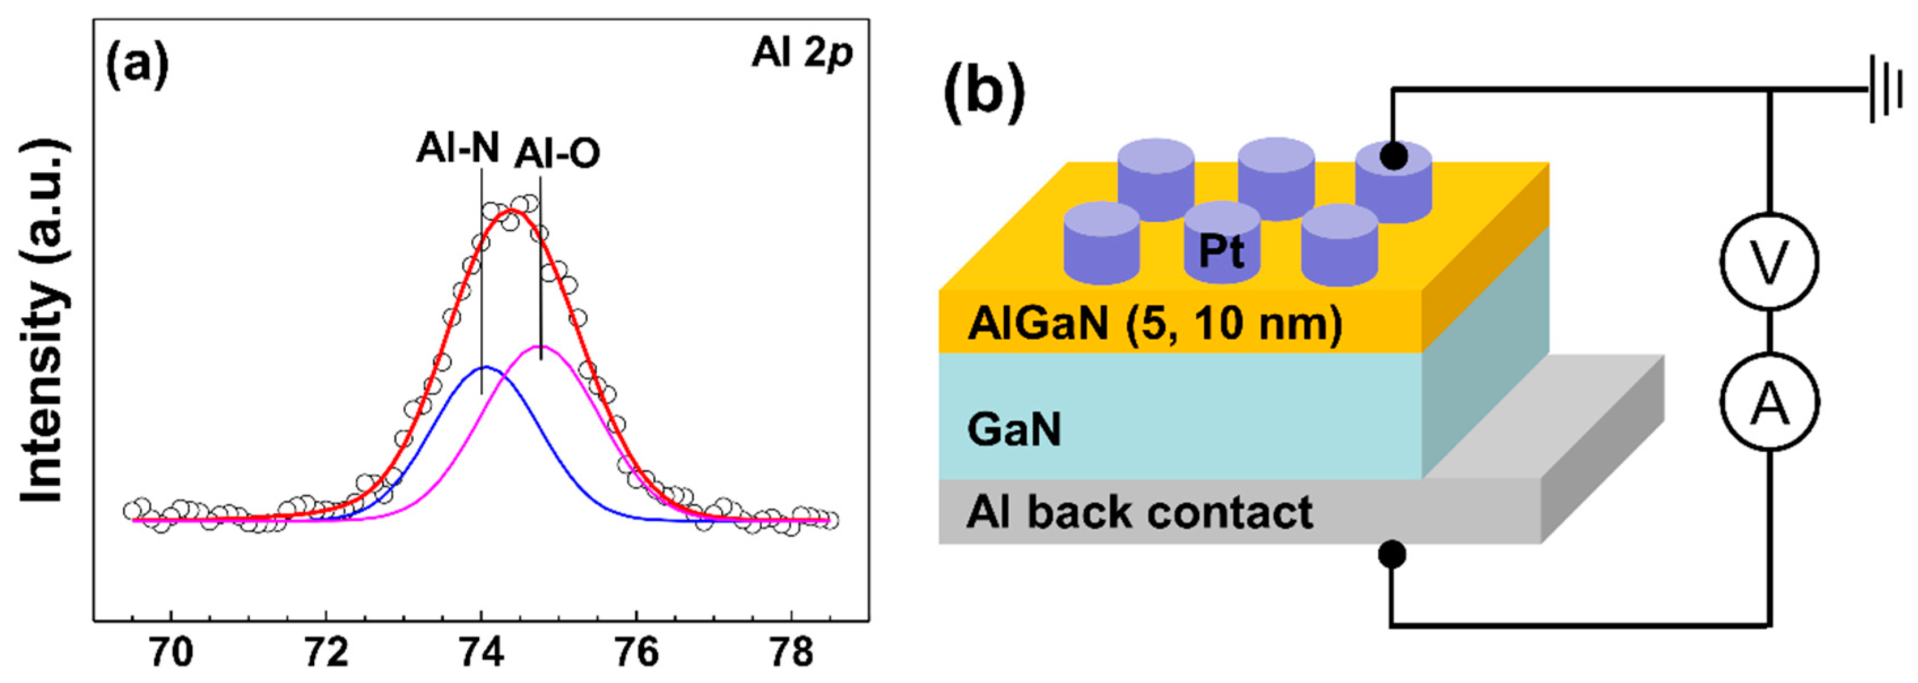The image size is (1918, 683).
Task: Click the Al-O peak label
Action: (557, 155)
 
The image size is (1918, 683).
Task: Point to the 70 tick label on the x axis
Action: (171, 653)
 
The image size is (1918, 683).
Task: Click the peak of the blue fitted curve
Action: (485, 367)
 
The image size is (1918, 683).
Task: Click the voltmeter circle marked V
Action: (1769, 261)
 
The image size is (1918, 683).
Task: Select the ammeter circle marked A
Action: (1769, 401)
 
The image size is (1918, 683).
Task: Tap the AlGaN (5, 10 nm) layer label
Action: (1154, 325)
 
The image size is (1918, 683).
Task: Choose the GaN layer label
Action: (1014, 430)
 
